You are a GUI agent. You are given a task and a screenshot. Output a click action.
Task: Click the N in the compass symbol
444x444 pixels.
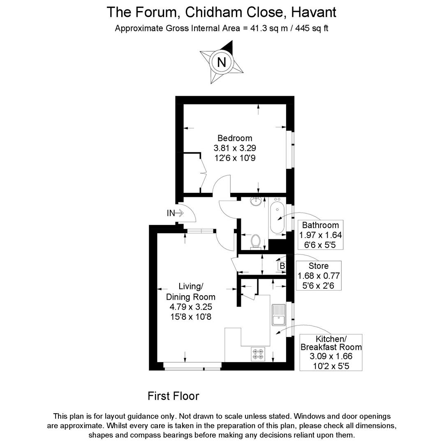[x=222, y=62]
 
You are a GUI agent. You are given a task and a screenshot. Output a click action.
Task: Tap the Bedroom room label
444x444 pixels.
[x=235, y=138]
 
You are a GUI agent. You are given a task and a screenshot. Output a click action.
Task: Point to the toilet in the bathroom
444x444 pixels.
[x=256, y=241]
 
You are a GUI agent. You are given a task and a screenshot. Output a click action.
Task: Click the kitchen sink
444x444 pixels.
[x=279, y=315]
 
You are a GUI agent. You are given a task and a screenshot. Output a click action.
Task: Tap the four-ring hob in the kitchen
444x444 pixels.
[x=259, y=354]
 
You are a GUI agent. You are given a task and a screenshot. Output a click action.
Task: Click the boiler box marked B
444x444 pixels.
[x=282, y=266]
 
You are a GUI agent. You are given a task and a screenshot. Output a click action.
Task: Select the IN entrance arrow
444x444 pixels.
[x=175, y=213]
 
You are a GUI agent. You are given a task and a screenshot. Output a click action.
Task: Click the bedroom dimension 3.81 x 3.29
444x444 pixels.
[x=235, y=148]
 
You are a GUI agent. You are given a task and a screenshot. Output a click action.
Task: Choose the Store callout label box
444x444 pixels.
[x=319, y=276]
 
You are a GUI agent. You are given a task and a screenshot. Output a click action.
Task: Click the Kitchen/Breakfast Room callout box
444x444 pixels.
[x=331, y=352]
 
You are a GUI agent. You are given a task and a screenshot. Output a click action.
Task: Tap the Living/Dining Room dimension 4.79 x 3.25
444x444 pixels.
[x=190, y=307]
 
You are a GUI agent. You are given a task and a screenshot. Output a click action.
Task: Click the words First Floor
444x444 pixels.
[x=173, y=396]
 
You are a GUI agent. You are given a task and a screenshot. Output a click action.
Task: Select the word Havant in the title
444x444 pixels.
[x=313, y=12]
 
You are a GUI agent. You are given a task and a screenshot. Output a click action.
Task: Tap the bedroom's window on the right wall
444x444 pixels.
[x=293, y=149]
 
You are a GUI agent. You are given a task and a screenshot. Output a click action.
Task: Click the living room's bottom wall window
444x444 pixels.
[x=192, y=365]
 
